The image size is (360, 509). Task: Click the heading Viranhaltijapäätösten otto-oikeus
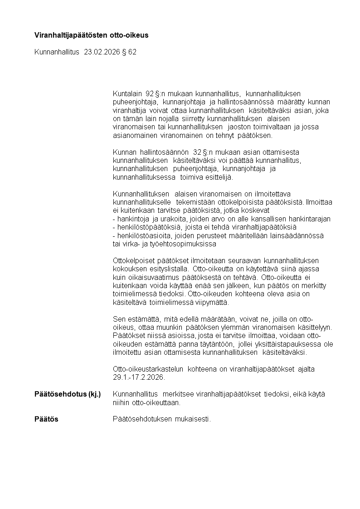[92, 35]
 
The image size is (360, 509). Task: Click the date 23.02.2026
[102, 52]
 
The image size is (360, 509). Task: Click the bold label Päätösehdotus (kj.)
[68, 394]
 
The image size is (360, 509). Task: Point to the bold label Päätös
[46, 419]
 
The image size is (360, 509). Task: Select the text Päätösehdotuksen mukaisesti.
[162, 419]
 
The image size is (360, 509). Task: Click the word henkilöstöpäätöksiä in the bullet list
[147, 227]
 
